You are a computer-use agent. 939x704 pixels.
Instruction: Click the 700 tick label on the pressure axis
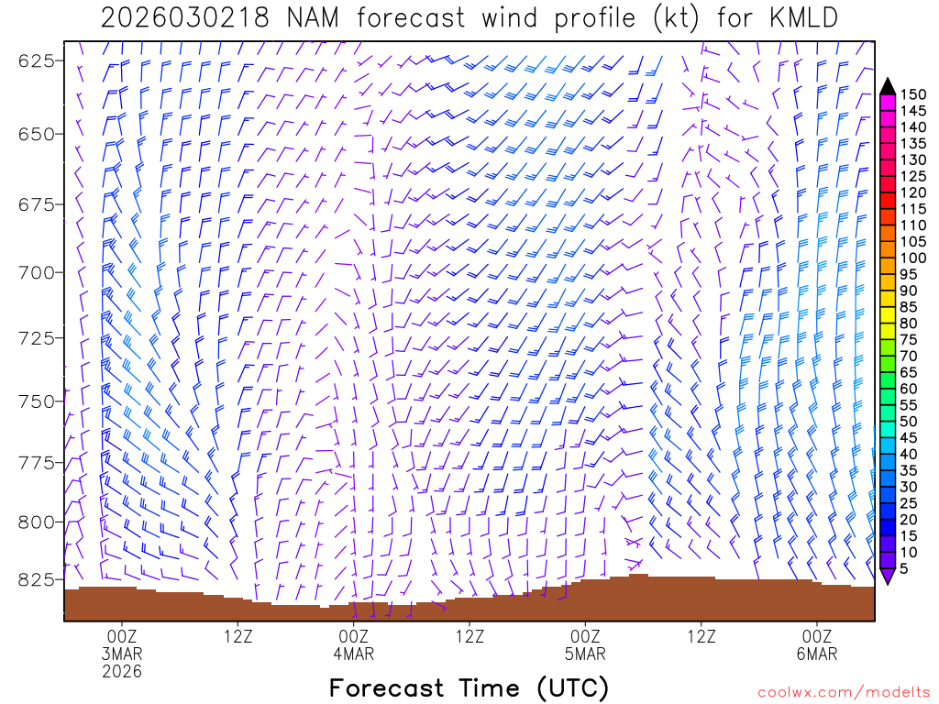pyautogui.click(x=37, y=272)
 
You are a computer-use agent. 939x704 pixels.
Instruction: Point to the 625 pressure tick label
pyautogui.click(x=37, y=60)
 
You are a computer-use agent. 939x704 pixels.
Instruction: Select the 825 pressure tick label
pyautogui.click(x=37, y=580)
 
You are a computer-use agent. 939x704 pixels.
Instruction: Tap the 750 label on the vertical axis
pyautogui.click(x=37, y=401)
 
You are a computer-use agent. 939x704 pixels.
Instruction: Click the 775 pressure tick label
pyautogui.click(x=37, y=462)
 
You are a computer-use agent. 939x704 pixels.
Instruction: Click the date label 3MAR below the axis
pyautogui.click(x=122, y=654)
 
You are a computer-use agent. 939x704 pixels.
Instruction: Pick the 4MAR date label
pyautogui.click(x=354, y=654)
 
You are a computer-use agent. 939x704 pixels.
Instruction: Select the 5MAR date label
pyautogui.click(x=585, y=654)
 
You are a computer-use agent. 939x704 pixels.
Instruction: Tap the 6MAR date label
pyautogui.click(x=817, y=654)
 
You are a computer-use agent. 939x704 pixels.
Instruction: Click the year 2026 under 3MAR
pyautogui.click(x=122, y=672)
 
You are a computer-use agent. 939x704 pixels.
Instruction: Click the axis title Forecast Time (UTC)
pyautogui.click(x=469, y=687)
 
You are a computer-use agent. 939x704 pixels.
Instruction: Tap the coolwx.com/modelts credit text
pyautogui.click(x=844, y=692)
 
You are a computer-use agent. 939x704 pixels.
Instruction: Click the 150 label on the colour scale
pyautogui.click(x=913, y=94)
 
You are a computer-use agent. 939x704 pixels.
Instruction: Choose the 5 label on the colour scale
pyautogui.click(x=906, y=568)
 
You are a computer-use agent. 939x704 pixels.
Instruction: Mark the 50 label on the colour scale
pyautogui.click(x=910, y=421)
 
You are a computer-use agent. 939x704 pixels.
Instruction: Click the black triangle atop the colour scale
pyautogui.click(x=888, y=85)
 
